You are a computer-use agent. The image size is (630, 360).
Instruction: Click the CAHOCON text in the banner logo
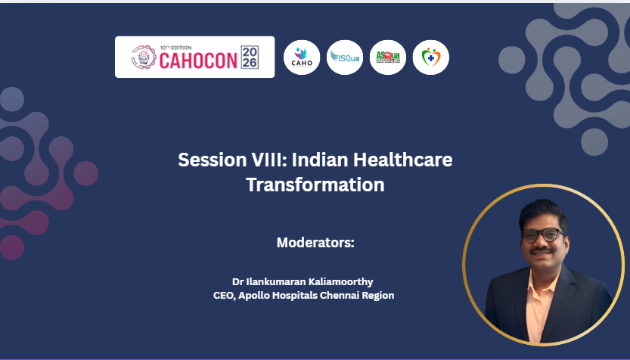[198, 60]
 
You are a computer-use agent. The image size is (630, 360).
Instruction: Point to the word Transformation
[315, 185]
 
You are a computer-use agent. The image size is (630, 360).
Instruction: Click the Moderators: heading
[315, 244]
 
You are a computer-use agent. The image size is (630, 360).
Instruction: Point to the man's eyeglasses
[542, 235]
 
